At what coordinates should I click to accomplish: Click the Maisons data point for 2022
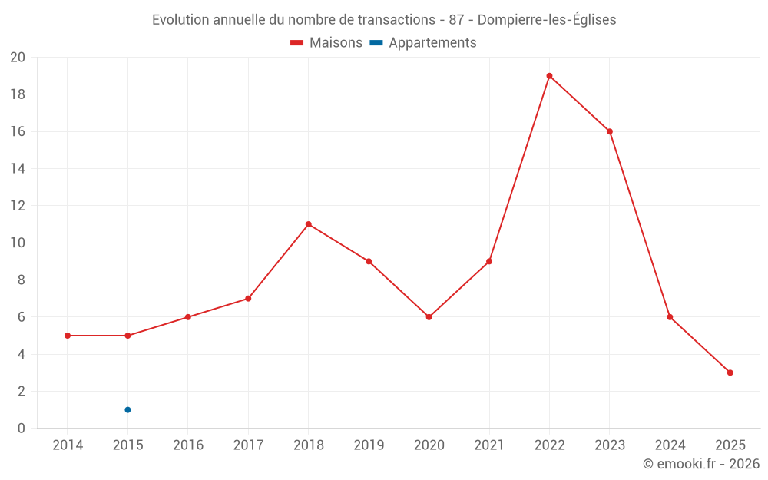point(549,76)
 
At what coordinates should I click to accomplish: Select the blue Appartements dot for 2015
point(127,409)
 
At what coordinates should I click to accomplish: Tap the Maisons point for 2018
point(308,224)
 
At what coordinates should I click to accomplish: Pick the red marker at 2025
point(730,372)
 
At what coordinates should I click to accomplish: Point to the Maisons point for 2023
point(610,131)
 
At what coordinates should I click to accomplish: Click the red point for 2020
point(429,317)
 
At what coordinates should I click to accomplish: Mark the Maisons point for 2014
point(68,336)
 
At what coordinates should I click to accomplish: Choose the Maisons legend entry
point(326,43)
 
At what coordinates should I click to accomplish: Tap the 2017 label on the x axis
point(248,445)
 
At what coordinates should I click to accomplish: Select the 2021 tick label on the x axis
point(489,445)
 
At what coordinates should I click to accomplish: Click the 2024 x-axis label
point(670,445)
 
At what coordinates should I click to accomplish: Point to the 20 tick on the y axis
point(18,58)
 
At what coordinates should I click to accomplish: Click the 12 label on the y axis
point(18,206)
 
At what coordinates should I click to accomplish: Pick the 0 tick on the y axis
point(22,429)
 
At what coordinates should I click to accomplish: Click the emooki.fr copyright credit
point(700,464)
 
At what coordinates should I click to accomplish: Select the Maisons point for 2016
point(188,317)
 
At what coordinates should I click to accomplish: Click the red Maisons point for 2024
point(670,317)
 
